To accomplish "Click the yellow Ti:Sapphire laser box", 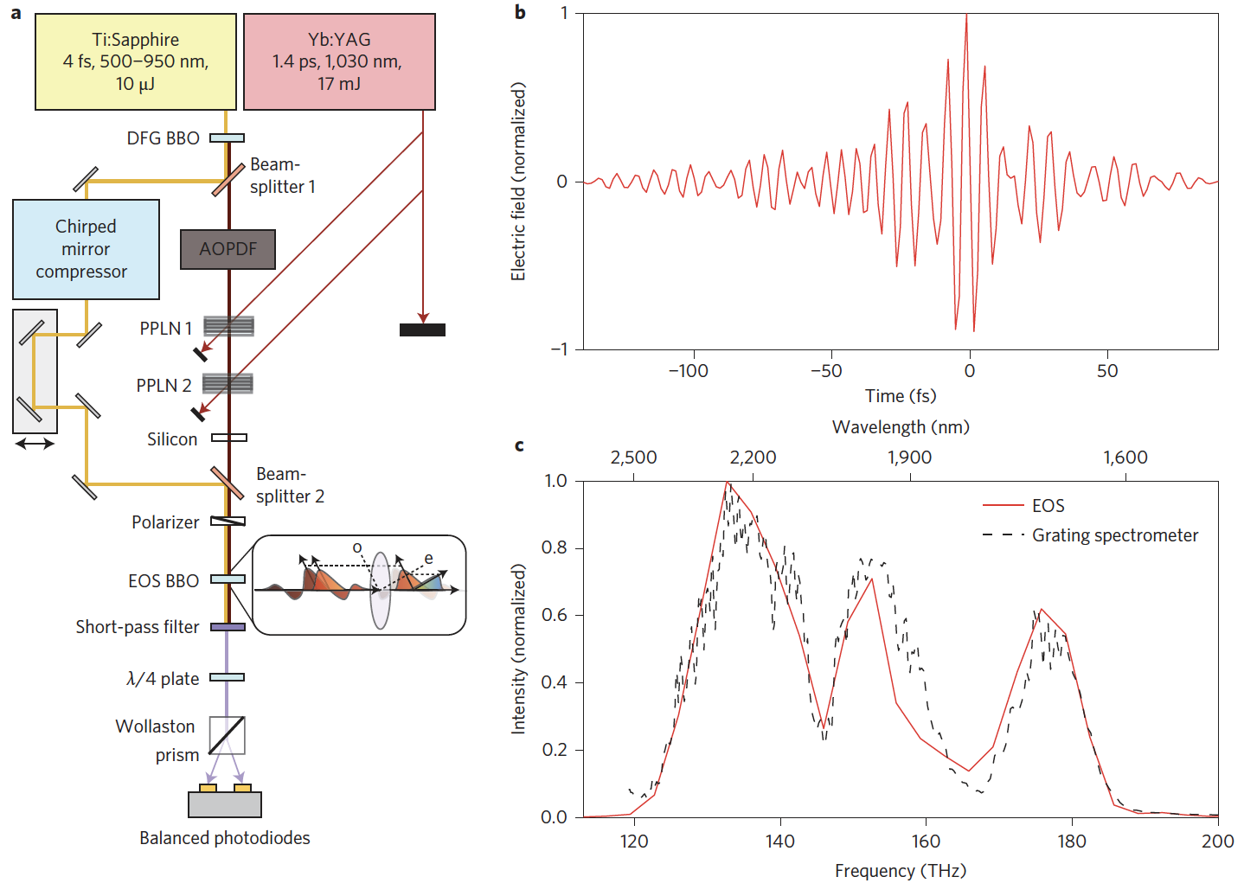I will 136,61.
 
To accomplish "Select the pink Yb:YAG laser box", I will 339,61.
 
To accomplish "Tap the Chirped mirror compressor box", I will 86,249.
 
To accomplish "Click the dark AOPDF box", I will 228,249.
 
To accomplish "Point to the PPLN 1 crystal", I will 228,326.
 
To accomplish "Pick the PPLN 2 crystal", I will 228,382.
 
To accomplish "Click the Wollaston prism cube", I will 228,735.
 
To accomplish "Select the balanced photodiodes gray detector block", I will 225,804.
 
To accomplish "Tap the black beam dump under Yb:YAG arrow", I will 422,330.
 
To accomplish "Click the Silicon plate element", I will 229,438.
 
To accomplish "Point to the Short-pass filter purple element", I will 228,627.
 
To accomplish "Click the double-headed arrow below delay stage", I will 35,444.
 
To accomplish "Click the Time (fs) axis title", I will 901,396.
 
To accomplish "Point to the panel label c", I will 519,445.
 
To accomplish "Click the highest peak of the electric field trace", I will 966,16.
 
